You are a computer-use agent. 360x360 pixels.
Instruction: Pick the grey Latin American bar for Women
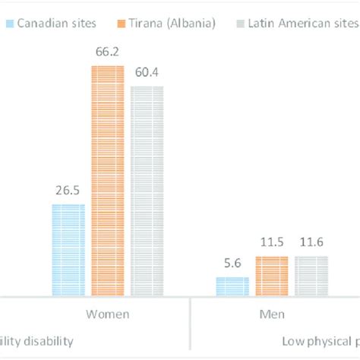click(x=147, y=190)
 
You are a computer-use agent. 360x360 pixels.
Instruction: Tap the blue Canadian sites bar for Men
click(x=232, y=286)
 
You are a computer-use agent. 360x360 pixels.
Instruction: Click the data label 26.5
click(x=68, y=190)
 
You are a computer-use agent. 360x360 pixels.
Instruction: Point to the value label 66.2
click(x=107, y=52)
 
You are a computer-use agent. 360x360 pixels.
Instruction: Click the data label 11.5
click(x=272, y=242)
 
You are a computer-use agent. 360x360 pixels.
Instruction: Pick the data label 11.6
click(x=311, y=242)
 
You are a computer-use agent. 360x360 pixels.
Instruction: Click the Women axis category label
click(x=107, y=313)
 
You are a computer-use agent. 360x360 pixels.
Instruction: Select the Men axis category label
click(x=272, y=313)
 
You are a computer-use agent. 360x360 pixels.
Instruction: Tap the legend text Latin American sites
click(x=302, y=23)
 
